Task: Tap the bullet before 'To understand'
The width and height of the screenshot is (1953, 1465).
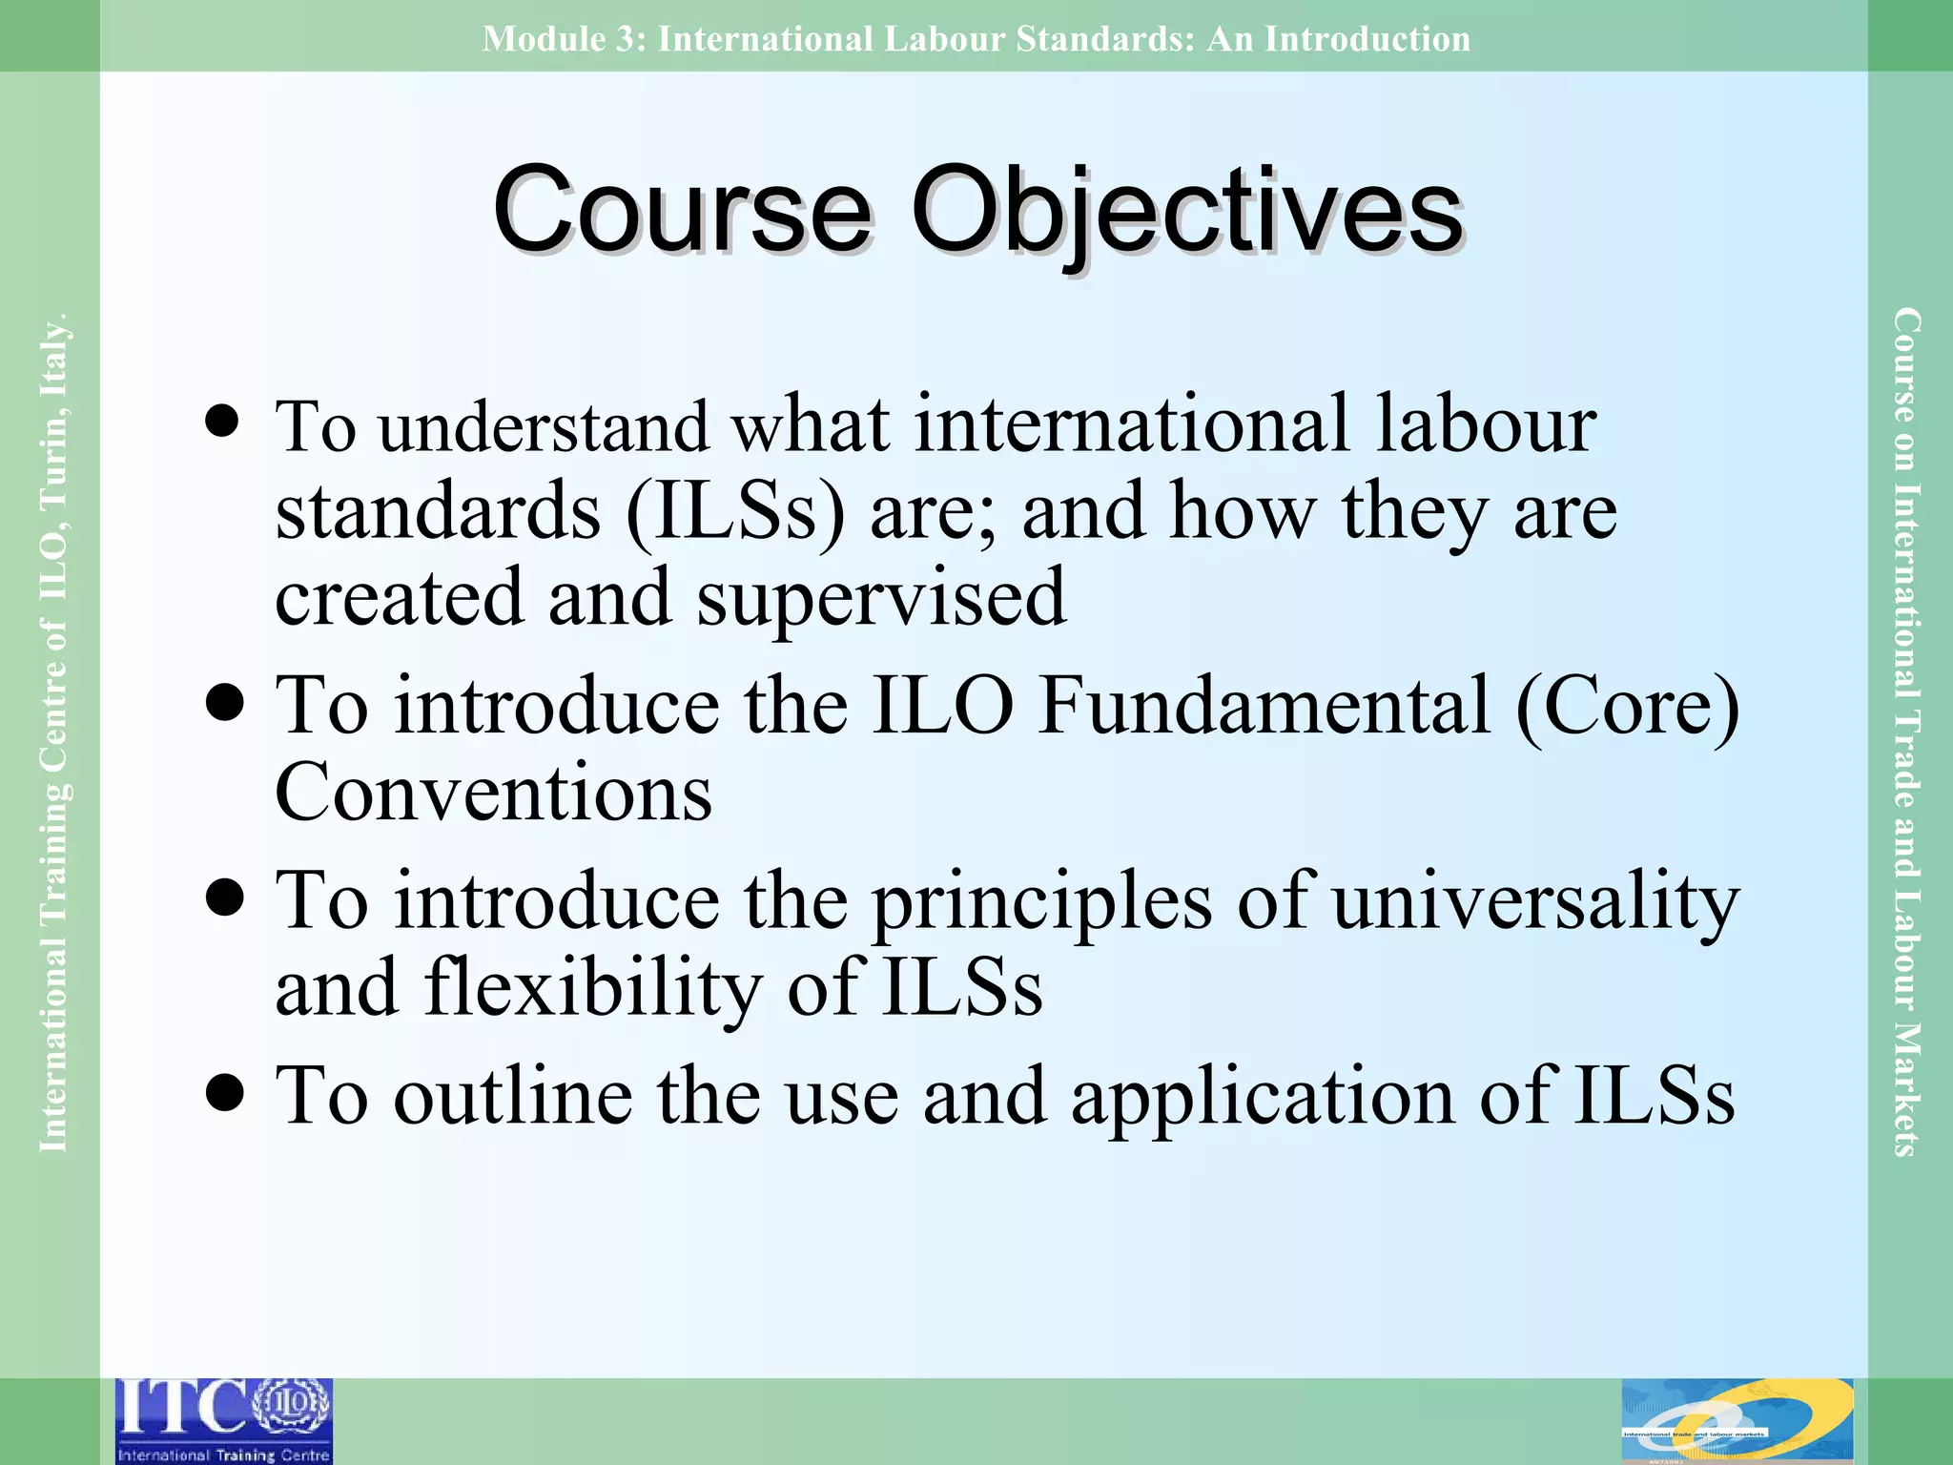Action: pyautogui.click(x=223, y=421)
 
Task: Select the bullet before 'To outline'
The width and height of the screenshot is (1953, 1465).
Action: pyautogui.click(x=223, y=1093)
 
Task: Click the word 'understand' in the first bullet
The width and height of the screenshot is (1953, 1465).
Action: pyautogui.click(x=544, y=426)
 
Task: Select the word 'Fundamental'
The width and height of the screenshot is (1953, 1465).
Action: pyautogui.click(x=1264, y=706)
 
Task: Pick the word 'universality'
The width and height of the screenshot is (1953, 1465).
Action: pyautogui.click(x=1535, y=902)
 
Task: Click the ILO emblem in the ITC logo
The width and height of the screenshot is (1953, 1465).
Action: pyautogui.click(x=293, y=1405)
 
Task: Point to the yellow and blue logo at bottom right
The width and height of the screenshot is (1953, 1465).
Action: pyautogui.click(x=1737, y=1420)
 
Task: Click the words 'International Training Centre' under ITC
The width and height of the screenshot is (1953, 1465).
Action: pyautogui.click(x=224, y=1455)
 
